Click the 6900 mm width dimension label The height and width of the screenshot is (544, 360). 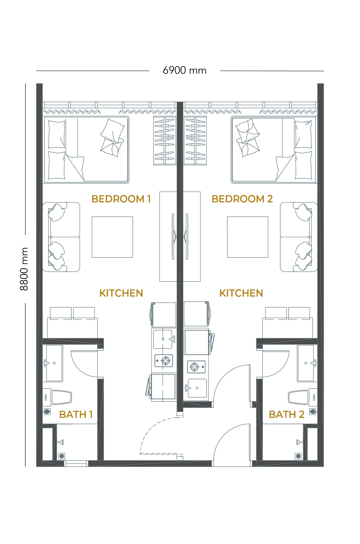tap(184, 71)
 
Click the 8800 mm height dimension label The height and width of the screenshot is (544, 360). tap(24, 269)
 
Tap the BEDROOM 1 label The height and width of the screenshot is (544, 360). tap(121, 199)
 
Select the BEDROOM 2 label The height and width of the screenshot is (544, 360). tap(242, 199)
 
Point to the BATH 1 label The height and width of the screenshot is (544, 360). tap(76, 415)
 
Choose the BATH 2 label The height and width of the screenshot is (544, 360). tap(287, 415)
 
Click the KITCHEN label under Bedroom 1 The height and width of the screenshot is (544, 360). tap(121, 293)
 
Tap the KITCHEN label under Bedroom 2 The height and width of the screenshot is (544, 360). tap(241, 293)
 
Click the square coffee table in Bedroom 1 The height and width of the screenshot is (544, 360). tap(112, 237)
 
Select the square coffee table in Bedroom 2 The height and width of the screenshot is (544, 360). tap(247, 237)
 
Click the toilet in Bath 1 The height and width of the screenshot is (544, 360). tap(57, 397)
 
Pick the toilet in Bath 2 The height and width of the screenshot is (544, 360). tap(303, 397)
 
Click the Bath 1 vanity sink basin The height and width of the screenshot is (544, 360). tap(54, 363)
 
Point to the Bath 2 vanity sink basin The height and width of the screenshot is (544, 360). tap(306, 363)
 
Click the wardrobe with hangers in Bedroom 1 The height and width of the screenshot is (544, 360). tap(165, 141)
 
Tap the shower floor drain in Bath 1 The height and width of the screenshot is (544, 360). tap(62, 456)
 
